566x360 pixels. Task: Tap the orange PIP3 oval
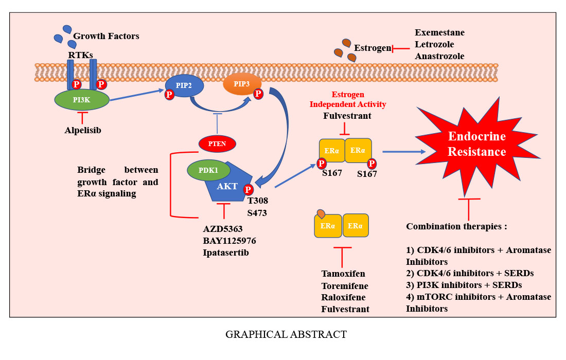(242, 83)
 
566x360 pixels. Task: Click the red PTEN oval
(217, 144)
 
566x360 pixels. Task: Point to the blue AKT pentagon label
(227, 186)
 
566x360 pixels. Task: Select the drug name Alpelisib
(83, 130)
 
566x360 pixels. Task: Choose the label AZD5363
(223, 228)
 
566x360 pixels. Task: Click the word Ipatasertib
(226, 252)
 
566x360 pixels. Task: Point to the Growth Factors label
(106, 36)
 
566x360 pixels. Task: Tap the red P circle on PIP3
(258, 94)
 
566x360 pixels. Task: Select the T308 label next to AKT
(257, 201)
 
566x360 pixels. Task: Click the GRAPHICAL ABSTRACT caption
(286, 334)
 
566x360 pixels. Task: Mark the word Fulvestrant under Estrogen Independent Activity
(347, 116)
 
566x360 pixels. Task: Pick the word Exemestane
(439, 32)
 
